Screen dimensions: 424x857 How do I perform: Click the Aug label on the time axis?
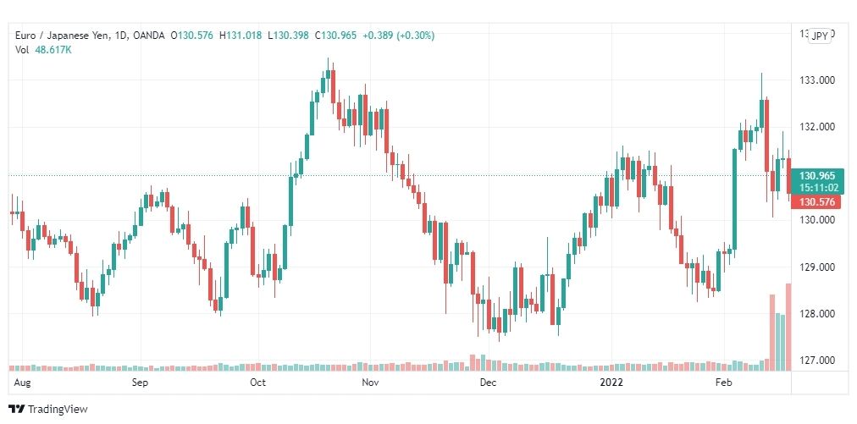(x=22, y=383)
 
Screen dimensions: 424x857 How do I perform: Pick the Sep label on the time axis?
(x=141, y=383)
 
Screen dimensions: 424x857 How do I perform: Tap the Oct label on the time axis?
(x=258, y=383)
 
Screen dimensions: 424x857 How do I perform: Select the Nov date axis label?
(x=370, y=383)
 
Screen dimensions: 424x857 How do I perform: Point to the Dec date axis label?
(x=487, y=383)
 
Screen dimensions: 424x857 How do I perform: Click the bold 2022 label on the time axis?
(x=611, y=383)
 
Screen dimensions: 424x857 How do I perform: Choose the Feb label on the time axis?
(x=723, y=383)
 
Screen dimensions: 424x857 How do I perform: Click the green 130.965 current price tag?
(x=817, y=175)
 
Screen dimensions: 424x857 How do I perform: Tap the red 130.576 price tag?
(x=817, y=202)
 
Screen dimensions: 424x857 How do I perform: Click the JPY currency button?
(x=820, y=36)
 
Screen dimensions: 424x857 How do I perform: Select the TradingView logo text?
(x=58, y=410)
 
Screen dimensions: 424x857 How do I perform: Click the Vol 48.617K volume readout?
(x=43, y=50)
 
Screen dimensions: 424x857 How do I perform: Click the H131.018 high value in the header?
(x=241, y=36)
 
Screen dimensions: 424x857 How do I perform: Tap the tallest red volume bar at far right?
(x=788, y=327)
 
